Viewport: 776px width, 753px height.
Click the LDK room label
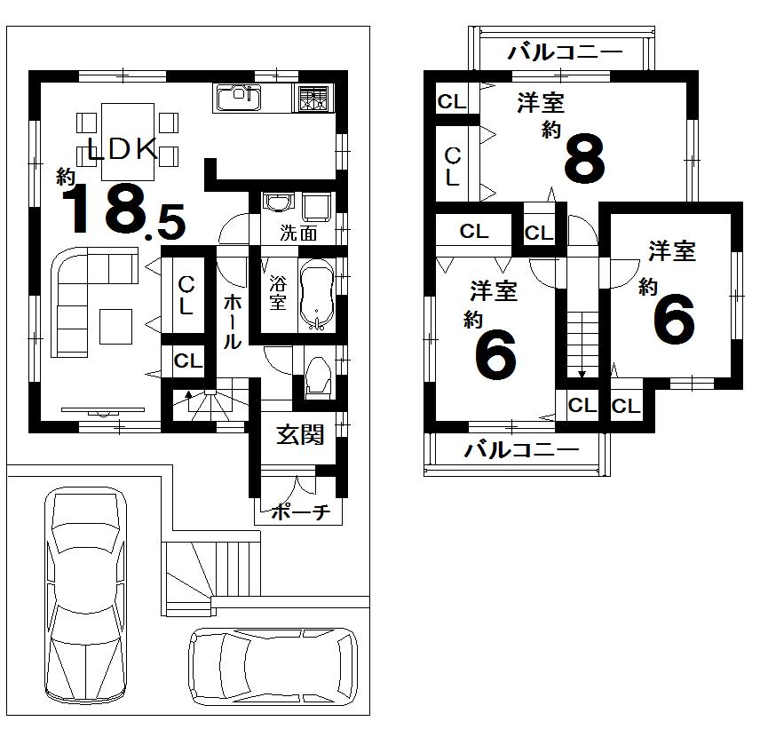click(123, 149)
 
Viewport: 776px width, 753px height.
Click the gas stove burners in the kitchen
click(312, 98)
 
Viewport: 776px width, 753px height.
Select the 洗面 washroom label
click(298, 234)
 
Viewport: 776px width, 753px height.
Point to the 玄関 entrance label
click(299, 434)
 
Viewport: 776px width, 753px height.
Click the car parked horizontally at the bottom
click(273, 667)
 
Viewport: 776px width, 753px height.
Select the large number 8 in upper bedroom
click(584, 160)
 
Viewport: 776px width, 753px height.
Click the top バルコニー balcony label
click(565, 53)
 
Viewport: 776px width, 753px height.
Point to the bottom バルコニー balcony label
click(521, 449)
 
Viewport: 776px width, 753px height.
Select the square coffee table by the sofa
click(116, 326)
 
